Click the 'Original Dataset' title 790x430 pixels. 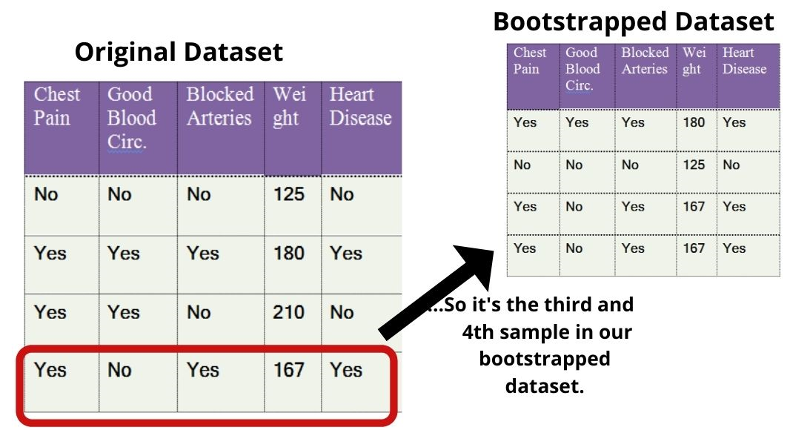[x=179, y=52]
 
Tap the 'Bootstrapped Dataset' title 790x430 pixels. [x=634, y=21]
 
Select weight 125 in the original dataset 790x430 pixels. [x=289, y=194]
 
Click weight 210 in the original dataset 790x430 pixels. [x=289, y=312]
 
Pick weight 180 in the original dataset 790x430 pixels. [x=289, y=253]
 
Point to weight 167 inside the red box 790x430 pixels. [x=289, y=370]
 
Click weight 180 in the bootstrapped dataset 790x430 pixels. [x=694, y=122]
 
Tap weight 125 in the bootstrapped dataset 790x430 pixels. [x=694, y=165]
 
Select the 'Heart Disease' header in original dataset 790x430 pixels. [x=360, y=106]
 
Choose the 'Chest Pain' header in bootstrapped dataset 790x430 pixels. [x=530, y=61]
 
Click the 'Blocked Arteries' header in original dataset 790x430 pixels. [x=219, y=106]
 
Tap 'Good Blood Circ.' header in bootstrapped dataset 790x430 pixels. [x=582, y=69]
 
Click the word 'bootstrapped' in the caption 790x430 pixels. [x=545, y=359]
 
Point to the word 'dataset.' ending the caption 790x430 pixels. [x=545, y=386]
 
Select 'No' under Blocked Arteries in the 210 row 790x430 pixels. [x=199, y=312]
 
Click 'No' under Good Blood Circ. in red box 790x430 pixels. [x=119, y=370]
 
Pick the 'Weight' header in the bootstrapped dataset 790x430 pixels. [x=694, y=61]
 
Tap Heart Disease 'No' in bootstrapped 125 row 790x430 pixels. [x=731, y=165]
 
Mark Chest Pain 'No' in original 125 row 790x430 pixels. [x=46, y=194]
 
